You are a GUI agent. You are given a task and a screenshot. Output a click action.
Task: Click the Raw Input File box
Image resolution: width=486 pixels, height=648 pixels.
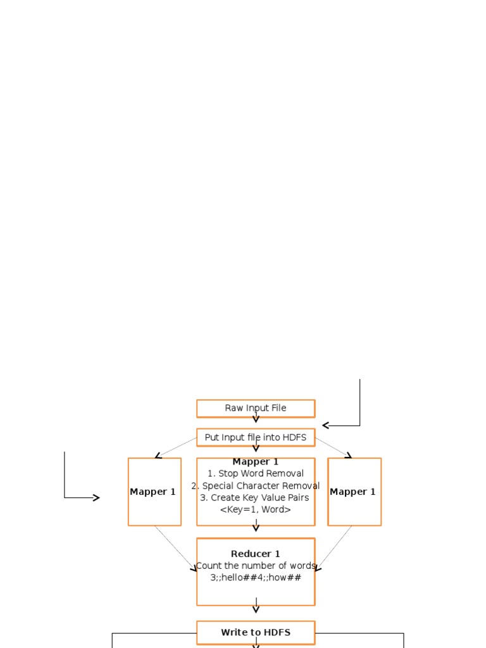tap(256, 408)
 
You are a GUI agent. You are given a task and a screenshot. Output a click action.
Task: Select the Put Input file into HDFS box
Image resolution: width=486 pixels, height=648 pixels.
tap(256, 437)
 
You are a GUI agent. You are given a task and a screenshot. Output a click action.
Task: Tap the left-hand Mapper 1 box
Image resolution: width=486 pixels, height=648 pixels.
tap(154, 492)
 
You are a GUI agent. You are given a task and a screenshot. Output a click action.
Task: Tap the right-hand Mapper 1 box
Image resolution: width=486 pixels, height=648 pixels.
tap(354, 492)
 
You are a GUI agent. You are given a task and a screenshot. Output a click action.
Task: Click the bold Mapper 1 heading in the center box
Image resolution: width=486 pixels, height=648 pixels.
tap(256, 462)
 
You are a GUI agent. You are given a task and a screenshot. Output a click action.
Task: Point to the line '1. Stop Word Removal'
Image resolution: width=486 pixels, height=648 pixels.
tap(256, 473)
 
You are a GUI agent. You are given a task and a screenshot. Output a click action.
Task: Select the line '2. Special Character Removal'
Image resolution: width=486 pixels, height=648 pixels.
tap(256, 486)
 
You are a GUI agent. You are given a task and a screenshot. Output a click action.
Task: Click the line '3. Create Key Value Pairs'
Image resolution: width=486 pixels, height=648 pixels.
tap(256, 497)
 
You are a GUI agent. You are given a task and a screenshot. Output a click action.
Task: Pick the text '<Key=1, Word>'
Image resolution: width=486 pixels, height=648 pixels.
tap(256, 509)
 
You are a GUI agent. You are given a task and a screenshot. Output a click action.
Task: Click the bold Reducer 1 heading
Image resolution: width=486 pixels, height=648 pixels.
tap(256, 554)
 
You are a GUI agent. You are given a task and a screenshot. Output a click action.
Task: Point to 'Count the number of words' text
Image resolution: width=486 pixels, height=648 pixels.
tap(256, 566)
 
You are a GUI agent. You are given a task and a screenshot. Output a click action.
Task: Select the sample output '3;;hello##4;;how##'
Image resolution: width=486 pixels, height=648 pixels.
tap(256, 578)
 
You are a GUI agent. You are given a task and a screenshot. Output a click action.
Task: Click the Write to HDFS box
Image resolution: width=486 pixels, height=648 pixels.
tap(256, 632)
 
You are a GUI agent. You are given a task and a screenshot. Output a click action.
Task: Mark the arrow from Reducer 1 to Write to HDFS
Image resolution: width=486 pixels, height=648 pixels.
tap(256, 606)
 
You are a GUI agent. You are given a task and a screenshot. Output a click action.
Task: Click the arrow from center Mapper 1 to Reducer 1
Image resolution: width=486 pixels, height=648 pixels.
tap(256, 526)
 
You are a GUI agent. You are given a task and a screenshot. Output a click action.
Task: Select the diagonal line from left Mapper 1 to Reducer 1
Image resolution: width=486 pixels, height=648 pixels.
tap(175, 547)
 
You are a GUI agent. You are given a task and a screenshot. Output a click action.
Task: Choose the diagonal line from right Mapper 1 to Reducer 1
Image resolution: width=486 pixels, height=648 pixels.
tap(334, 547)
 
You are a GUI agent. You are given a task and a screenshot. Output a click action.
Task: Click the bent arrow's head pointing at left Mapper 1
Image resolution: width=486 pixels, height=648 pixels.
tap(96, 498)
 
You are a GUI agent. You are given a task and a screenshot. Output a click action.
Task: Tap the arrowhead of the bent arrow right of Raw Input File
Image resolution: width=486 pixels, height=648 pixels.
tap(326, 425)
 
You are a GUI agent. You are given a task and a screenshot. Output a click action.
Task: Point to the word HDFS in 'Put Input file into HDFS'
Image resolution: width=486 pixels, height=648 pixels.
tap(294, 437)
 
